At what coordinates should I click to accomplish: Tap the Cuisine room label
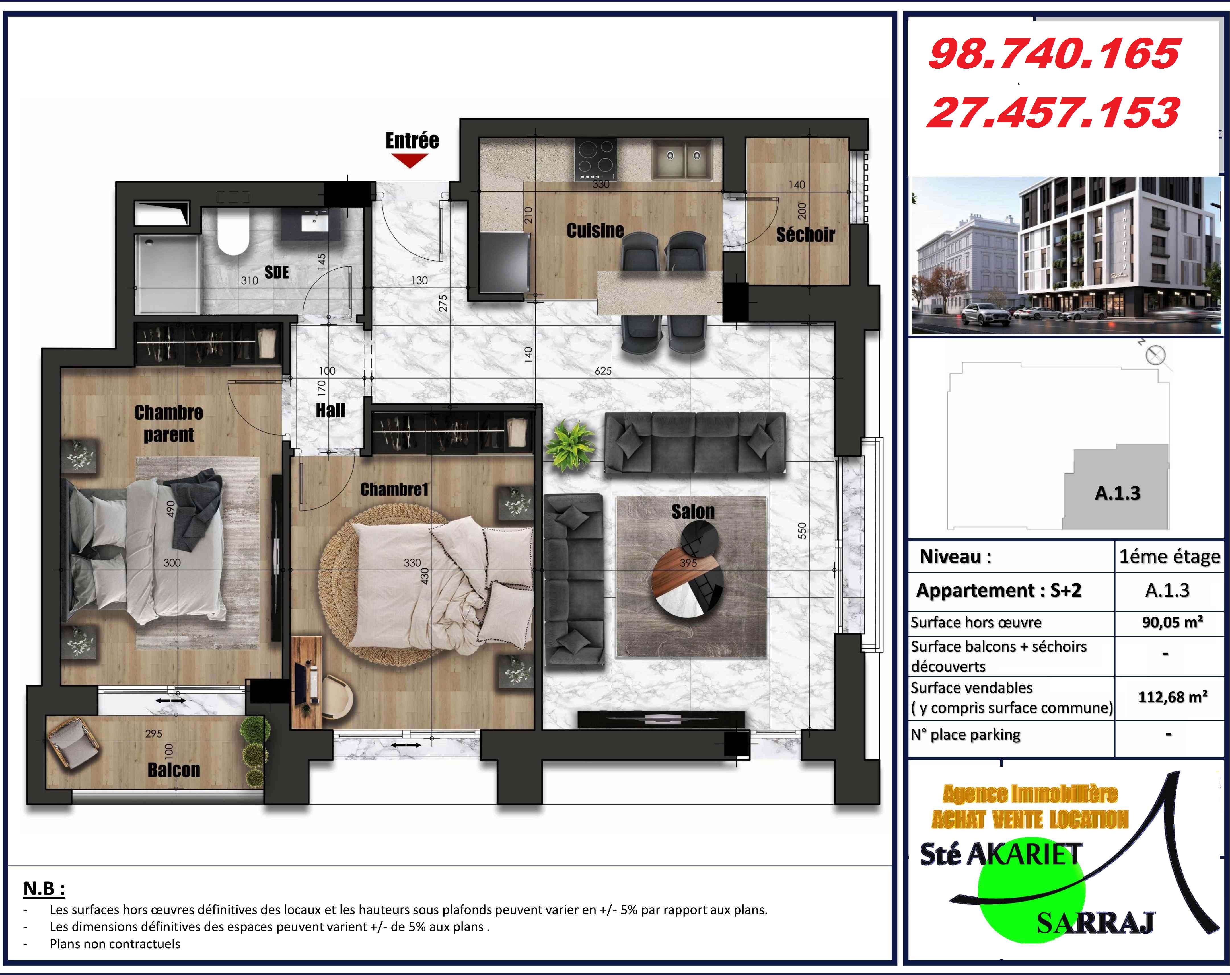coord(595,231)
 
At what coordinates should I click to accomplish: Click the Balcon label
coord(174,770)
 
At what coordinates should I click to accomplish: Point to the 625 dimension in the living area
coord(603,371)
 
